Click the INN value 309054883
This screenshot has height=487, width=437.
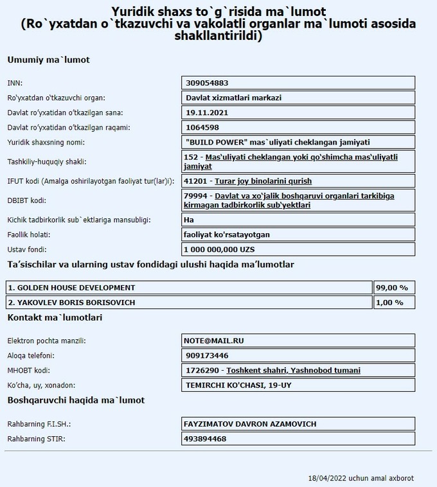click(207, 83)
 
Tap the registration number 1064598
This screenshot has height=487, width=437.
click(202, 127)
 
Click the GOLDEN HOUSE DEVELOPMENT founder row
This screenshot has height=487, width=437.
click(190, 287)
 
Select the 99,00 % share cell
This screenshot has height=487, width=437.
click(394, 287)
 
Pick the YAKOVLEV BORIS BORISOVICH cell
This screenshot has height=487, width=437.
click(190, 302)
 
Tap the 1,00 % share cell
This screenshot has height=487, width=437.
click(394, 302)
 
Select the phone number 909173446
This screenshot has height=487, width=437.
click(206, 355)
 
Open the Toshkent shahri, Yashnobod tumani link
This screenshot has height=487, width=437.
click(293, 370)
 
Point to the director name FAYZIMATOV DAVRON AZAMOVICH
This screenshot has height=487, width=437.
click(250, 424)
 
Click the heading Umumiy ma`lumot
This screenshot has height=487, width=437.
click(48, 60)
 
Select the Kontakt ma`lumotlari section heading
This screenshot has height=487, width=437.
click(55, 317)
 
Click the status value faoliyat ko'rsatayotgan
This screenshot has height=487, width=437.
click(227, 235)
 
